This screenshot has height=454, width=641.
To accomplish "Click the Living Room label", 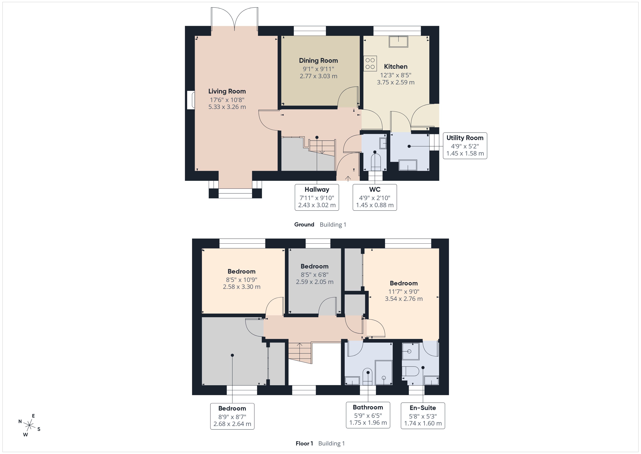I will point(227,91).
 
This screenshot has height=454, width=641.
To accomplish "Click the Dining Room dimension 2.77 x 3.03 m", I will point(318,76).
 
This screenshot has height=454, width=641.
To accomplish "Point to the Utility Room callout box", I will point(465,146).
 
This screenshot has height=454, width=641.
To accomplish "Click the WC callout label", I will point(374,190).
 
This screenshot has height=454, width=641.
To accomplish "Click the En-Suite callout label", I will point(422,408).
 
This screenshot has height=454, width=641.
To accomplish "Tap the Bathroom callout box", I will point(368,415).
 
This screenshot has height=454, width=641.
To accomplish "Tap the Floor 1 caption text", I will point(304,443).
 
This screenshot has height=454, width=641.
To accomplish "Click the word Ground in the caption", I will point(304,224).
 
